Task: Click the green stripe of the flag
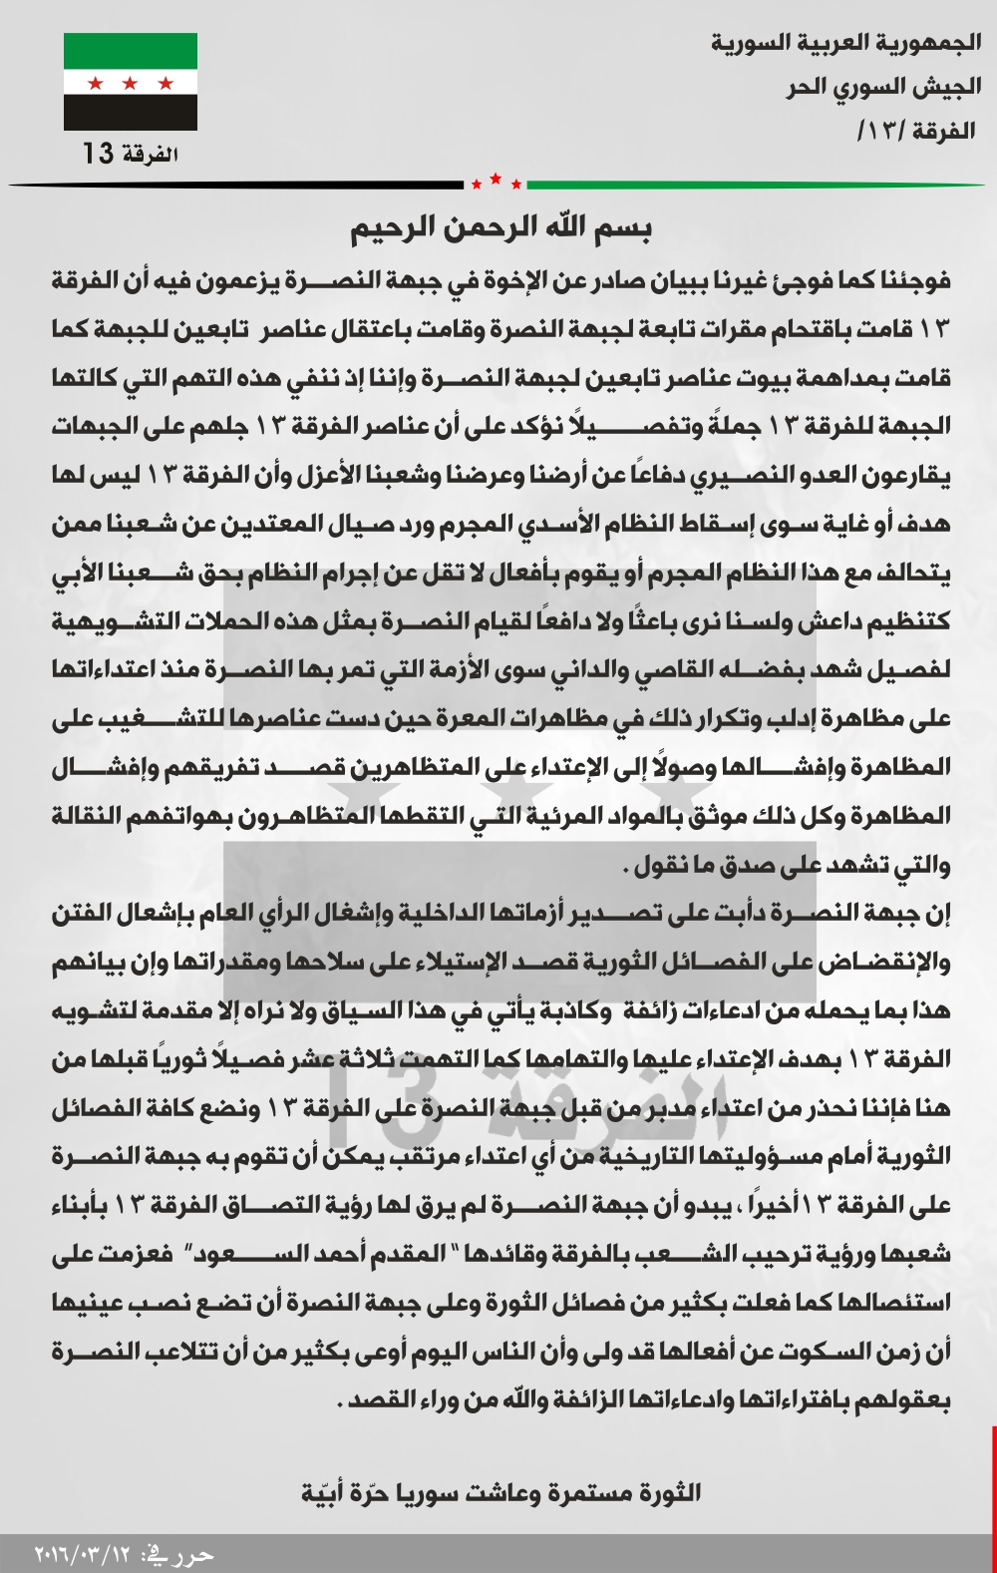tap(131, 50)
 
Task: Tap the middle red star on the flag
tap(131, 83)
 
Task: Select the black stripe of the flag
tap(131, 114)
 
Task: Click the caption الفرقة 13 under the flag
tap(131, 154)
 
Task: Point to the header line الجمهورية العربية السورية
tap(845, 43)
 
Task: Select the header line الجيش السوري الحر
tap(882, 87)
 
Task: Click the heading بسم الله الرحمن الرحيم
tap(500, 228)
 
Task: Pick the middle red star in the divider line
tap(497, 180)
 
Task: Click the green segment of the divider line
tap(758, 185)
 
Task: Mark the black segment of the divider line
tap(239, 185)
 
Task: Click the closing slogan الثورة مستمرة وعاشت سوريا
tap(500, 1493)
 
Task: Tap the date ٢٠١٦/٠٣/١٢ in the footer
tap(84, 1555)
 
